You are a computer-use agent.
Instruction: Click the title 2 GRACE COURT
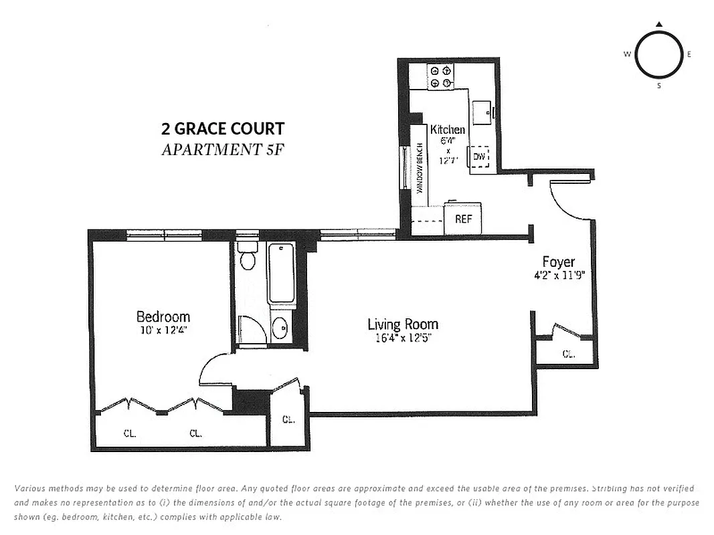(222, 128)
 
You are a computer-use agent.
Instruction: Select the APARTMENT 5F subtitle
(222, 149)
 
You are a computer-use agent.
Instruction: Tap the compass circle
(658, 55)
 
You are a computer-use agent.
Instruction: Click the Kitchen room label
(448, 130)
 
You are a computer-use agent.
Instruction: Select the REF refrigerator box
(463, 219)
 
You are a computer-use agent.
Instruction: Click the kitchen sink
(482, 112)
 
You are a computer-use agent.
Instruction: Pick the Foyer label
(558, 262)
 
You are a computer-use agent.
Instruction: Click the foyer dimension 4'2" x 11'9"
(558, 275)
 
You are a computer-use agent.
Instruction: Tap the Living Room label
(403, 325)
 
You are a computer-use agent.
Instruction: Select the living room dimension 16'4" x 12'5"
(403, 338)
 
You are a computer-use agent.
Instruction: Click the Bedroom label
(163, 317)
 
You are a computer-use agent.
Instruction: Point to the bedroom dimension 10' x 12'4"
(163, 330)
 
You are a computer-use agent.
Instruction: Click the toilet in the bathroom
(248, 257)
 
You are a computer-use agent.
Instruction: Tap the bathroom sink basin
(280, 328)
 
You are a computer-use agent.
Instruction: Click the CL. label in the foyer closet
(568, 354)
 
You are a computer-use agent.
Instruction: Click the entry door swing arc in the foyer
(570, 201)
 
